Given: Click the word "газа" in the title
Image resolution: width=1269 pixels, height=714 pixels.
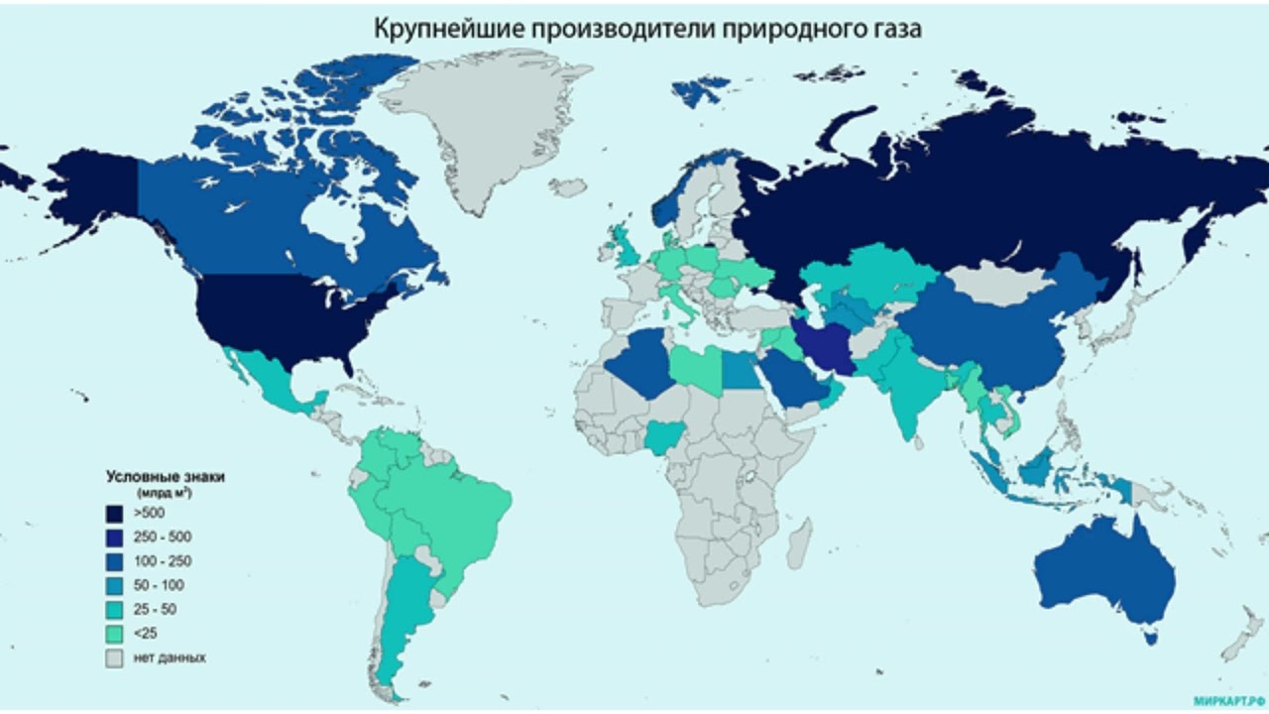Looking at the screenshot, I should click(894, 29).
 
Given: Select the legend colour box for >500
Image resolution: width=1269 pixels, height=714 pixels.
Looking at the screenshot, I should click(117, 513).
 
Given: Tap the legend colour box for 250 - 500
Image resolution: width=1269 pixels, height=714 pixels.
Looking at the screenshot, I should click(117, 536).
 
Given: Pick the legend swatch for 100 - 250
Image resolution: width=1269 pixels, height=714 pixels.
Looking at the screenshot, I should click(117, 561).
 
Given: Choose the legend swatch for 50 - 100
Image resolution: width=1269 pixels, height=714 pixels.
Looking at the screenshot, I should click(117, 585).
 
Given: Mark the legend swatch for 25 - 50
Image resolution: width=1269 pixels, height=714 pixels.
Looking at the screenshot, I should click(117, 609).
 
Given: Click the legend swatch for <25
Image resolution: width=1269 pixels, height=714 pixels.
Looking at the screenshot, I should click(117, 633).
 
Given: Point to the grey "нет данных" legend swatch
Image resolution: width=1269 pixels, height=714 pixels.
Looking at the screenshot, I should click(117, 657).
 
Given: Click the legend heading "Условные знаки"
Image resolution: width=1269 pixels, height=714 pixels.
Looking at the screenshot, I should click(166, 477).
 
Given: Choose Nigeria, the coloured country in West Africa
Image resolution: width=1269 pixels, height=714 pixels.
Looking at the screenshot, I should click(662, 436).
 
